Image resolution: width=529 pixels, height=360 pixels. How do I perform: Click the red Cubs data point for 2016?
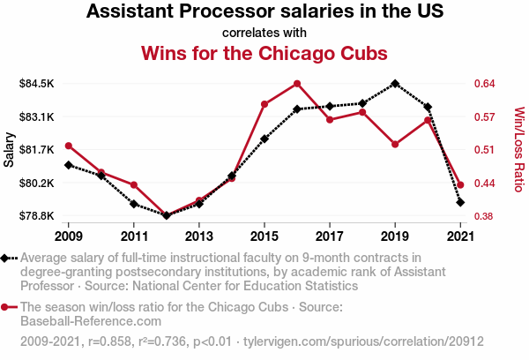297,84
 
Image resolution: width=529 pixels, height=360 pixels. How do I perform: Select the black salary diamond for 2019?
395,84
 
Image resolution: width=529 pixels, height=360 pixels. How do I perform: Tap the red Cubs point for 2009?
69,146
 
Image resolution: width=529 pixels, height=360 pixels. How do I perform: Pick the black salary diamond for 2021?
460,202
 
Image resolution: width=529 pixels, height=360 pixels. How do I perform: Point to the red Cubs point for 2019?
395,144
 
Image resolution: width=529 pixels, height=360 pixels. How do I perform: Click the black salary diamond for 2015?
264,139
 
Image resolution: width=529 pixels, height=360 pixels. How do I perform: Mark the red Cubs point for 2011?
134,184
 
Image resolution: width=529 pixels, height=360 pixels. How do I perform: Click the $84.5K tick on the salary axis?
37,84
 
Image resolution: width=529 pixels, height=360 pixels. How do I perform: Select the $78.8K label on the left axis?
37,216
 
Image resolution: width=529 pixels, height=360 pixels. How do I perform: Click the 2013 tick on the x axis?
199,236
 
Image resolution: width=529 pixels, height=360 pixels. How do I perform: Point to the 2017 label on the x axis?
330,236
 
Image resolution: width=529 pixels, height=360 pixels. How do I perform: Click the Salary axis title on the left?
10,150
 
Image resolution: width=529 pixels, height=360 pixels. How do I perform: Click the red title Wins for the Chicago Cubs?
264,53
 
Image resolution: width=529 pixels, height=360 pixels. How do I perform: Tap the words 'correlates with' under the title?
264,33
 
